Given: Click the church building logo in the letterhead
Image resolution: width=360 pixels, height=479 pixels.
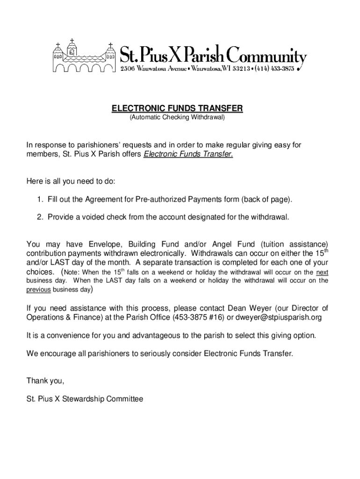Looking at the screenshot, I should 84,57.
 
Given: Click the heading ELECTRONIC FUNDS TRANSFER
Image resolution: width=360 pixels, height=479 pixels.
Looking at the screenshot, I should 177,109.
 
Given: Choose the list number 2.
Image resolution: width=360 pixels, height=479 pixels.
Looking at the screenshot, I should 40,217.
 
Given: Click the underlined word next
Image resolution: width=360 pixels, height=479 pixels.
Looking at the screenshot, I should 322,272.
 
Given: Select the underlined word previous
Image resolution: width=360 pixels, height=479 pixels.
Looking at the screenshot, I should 39,290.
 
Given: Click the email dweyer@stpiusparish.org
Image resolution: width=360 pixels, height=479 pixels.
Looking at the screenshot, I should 279,318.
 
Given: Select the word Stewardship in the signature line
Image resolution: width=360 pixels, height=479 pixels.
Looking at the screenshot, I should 80,399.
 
